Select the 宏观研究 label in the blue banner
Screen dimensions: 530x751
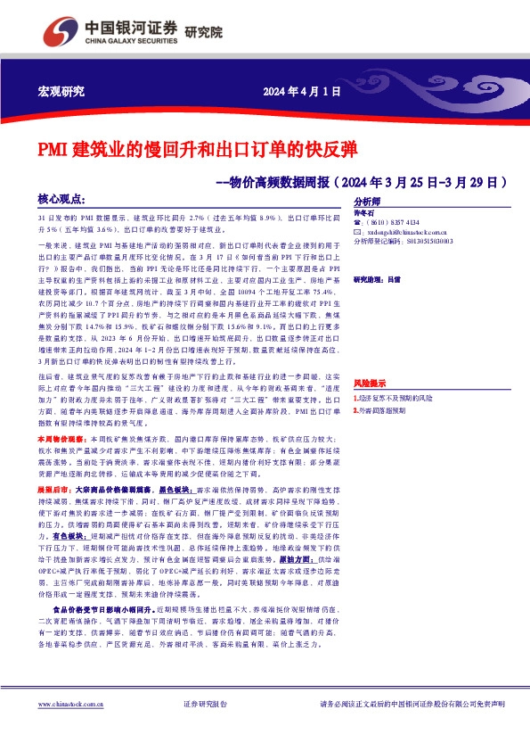[x=61, y=92]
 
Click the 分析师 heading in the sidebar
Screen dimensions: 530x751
[x=368, y=202]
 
